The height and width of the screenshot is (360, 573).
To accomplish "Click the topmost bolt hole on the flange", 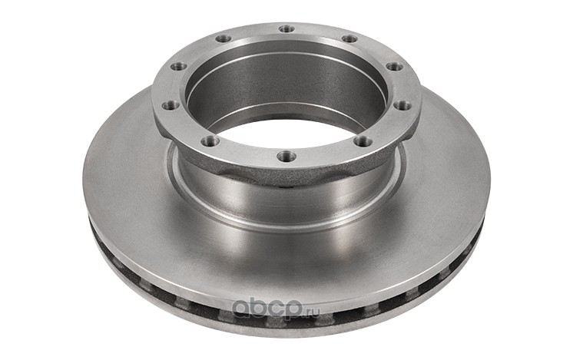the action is click(x=286, y=28).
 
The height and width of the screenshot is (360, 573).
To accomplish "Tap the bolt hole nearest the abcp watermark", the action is click(x=286, y=156).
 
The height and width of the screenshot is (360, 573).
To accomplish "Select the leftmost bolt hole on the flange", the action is click(x=171, y=105).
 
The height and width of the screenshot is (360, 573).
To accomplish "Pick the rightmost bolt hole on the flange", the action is click(x=403, y=105).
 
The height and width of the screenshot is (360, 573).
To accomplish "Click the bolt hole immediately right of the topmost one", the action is click(x=349, y=38).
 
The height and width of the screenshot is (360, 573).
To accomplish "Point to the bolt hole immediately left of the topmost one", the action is click(x=224, y=38).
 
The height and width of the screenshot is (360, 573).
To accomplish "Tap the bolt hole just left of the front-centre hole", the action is click(x=210, y=140).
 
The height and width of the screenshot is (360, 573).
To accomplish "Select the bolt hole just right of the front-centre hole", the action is click(x=363, y=140).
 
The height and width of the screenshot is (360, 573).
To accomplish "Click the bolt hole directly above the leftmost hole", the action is click(x=179, y=67).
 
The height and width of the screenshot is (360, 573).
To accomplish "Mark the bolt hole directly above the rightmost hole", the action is click(x=395, y=67).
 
